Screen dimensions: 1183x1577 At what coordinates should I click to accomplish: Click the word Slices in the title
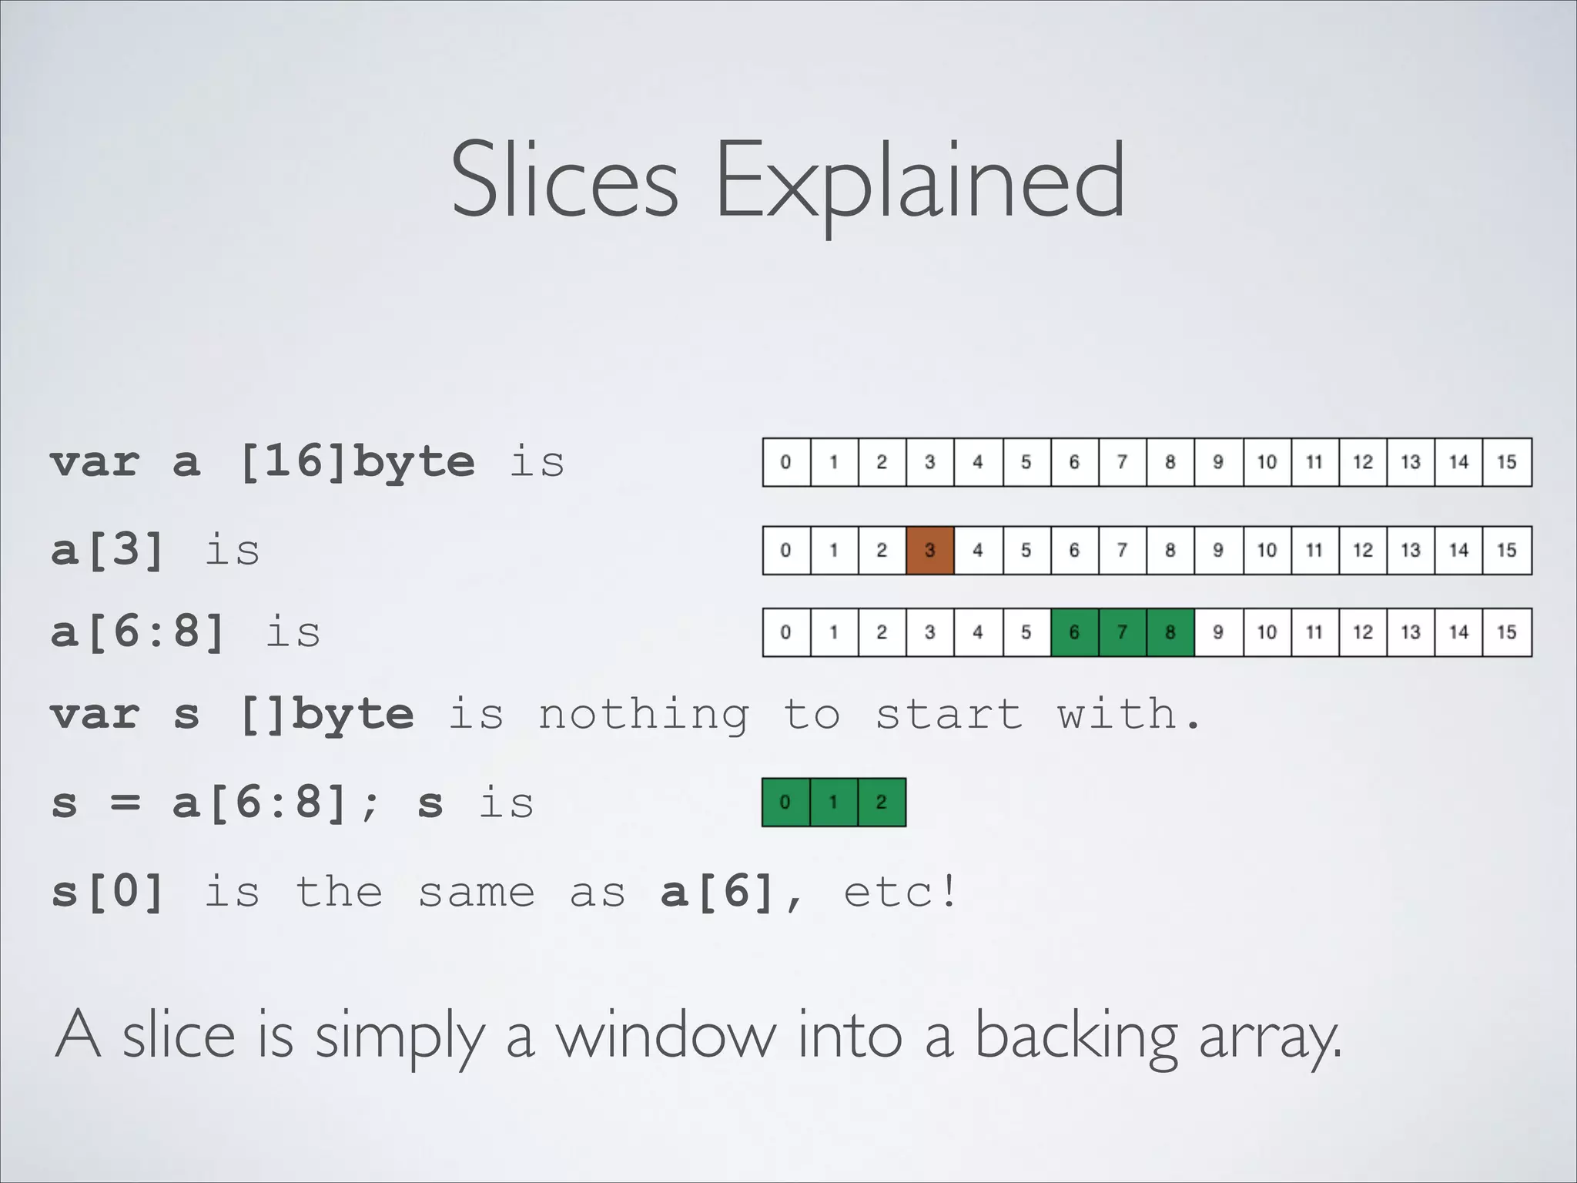click(564, 181)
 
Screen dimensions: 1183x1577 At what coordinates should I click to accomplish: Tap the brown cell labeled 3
click(929, 551)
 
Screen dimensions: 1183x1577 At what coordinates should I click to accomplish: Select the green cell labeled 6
click(1074, 632)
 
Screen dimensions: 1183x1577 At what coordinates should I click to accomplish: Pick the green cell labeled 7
click(1122, 632)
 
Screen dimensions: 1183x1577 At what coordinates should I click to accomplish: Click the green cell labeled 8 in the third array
click(1170, 632)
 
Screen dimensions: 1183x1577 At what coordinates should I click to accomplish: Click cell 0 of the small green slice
click(785, 803)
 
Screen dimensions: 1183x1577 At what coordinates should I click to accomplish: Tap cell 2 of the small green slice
click(882, 803)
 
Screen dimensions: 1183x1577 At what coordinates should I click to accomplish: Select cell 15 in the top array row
click(1507, 462)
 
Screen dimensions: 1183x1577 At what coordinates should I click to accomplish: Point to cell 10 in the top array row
click(1267, 462)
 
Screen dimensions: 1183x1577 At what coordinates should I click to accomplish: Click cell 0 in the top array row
click(785, 462)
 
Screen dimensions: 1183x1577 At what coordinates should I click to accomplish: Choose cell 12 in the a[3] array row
click(1363, 551)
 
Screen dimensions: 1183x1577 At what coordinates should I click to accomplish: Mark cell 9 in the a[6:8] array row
click(1218, 632)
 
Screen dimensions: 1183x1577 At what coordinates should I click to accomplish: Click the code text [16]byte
click(357, 462)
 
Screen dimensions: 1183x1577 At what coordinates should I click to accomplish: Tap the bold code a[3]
click(108, 551)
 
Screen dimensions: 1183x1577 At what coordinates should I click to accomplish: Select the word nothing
click(643, 714)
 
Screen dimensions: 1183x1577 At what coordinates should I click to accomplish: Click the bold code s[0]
click(108, 893)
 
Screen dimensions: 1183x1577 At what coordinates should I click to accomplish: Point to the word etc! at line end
click(900, 893)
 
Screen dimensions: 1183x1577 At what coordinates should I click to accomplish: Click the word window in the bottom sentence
click(666, 1036)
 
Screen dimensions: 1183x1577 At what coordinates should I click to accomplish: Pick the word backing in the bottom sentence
click(1076, 1036)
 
